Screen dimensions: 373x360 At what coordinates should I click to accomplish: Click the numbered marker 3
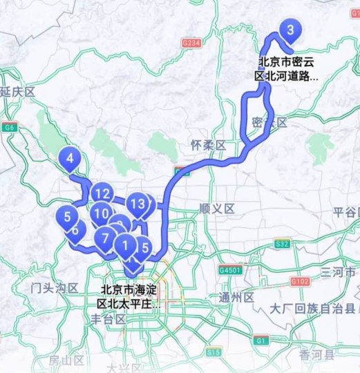[290, 30]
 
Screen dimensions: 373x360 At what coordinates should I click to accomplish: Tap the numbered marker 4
[70, 159]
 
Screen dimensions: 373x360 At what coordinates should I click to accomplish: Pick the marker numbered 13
[139, 204]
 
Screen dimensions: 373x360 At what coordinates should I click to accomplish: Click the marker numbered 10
[102, 214]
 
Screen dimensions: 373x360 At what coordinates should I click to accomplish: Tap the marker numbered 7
[105, 240]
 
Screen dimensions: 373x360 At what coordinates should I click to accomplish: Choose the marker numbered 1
[125, 244]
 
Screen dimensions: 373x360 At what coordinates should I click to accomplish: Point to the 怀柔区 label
[209, 145]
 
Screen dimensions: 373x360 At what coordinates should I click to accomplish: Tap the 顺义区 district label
[217, 208]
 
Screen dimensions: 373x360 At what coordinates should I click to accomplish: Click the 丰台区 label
[108, 319]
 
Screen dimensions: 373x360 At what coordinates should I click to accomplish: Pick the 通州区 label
[237, 297]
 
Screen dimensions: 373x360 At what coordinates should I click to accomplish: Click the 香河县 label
[317, 355]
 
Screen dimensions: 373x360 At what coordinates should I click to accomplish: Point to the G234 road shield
[191, 43]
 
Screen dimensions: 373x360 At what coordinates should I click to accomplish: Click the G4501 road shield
[230, 270]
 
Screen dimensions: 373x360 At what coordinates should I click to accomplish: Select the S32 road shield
[282, 244]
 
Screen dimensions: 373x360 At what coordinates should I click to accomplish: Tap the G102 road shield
[300, 281]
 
